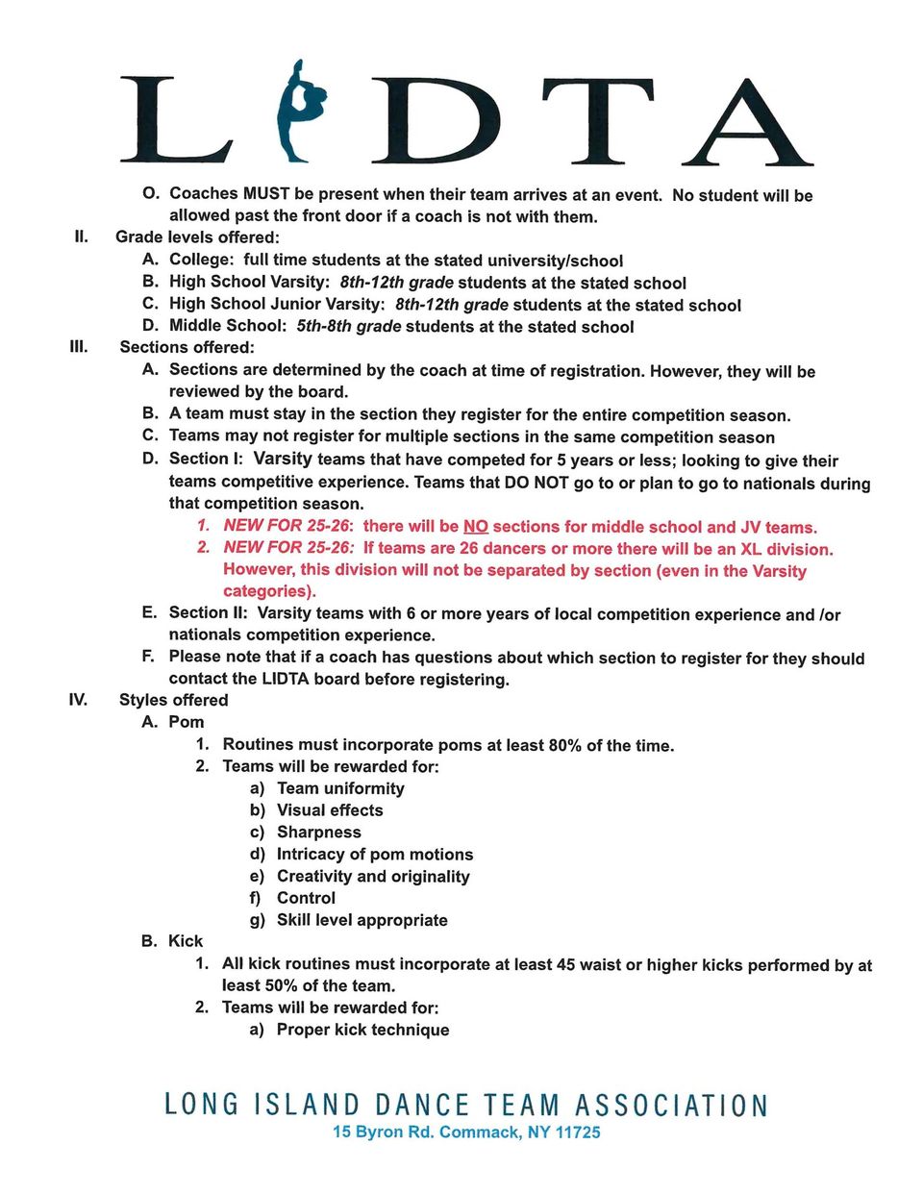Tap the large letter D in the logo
[x=448, y=120]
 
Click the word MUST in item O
[x=266, y=194]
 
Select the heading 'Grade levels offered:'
[x=197, y=237]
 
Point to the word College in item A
[x=200, y=260]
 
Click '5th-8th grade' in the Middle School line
[x=348, y=326]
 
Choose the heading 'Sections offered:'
[x=187, y=347]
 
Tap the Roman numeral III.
[x=79, y=346]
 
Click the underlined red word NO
[x=475, y=527]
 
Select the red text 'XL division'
[x=786, y=549]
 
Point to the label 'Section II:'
[x=207, y=613]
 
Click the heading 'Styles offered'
[x=173, y=700]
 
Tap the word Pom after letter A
[x=187, y=722]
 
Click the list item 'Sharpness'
[x=319, y=833]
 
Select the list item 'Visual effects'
[x=330, y=810]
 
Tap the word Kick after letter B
[x=186, y=941]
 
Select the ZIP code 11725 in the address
[x=578, y=1132]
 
